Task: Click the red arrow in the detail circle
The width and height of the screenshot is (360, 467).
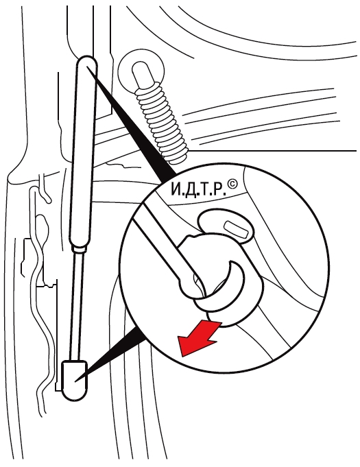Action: click(x=199, y=337)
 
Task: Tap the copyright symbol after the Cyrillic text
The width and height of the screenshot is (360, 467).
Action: click(x=232, y=184)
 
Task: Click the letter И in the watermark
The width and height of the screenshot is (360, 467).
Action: click(x=177, y=189)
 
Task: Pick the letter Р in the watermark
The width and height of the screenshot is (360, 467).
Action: click(x=219, y=189)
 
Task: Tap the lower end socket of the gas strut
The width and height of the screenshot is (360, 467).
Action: click(x=74, y=381)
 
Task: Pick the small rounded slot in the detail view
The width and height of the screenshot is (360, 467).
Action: click(x=238, y=230)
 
